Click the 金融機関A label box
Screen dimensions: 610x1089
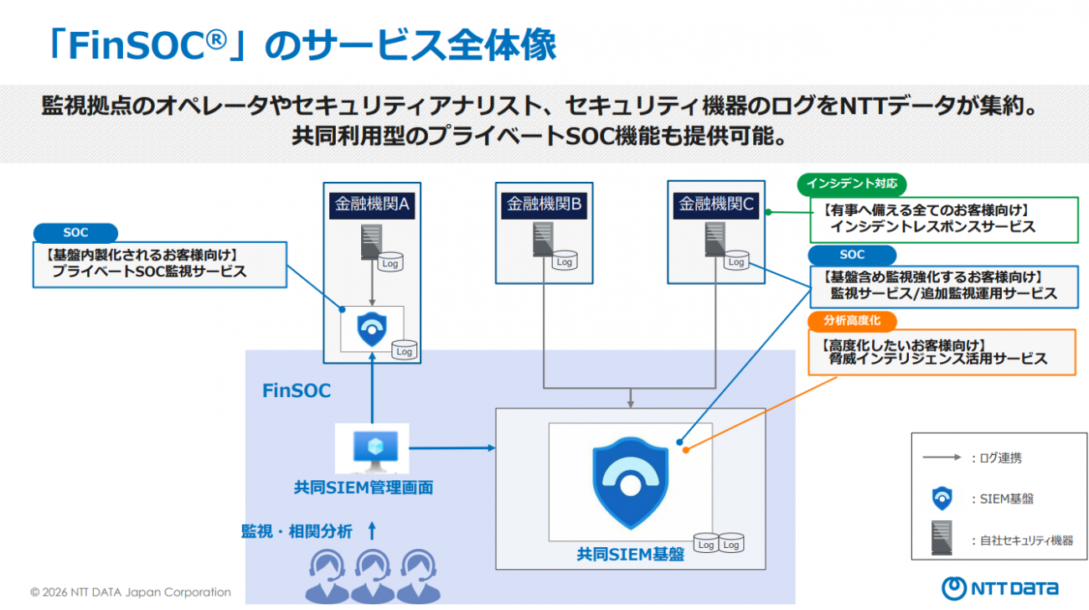click(372, 204)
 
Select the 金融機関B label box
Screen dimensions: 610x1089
click(544, 204)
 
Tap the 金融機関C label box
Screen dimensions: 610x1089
click(715, 204)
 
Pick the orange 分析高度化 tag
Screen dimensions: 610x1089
click(851, 320)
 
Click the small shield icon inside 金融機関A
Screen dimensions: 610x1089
click(370, 328)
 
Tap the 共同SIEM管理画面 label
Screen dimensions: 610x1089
click(364, 487)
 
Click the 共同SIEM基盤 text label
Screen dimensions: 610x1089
click(630, 554)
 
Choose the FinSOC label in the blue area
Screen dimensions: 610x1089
click(297, 390)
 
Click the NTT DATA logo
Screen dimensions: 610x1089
click(999, 587)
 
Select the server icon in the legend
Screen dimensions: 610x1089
click(942, 537)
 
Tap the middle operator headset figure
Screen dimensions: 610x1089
click(373, 574)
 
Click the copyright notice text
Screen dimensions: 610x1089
click(131, 592)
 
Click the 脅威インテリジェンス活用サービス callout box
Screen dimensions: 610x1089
click(942, 352)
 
